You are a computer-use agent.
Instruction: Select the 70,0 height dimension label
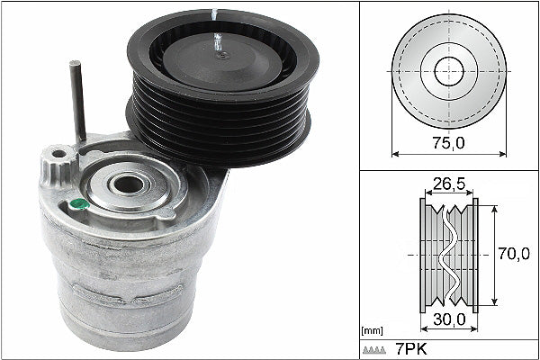[513, 256]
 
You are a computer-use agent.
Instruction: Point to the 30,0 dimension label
[448, 318]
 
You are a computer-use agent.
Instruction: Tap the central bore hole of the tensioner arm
[129, 184]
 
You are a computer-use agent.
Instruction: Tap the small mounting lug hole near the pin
[59, 155]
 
